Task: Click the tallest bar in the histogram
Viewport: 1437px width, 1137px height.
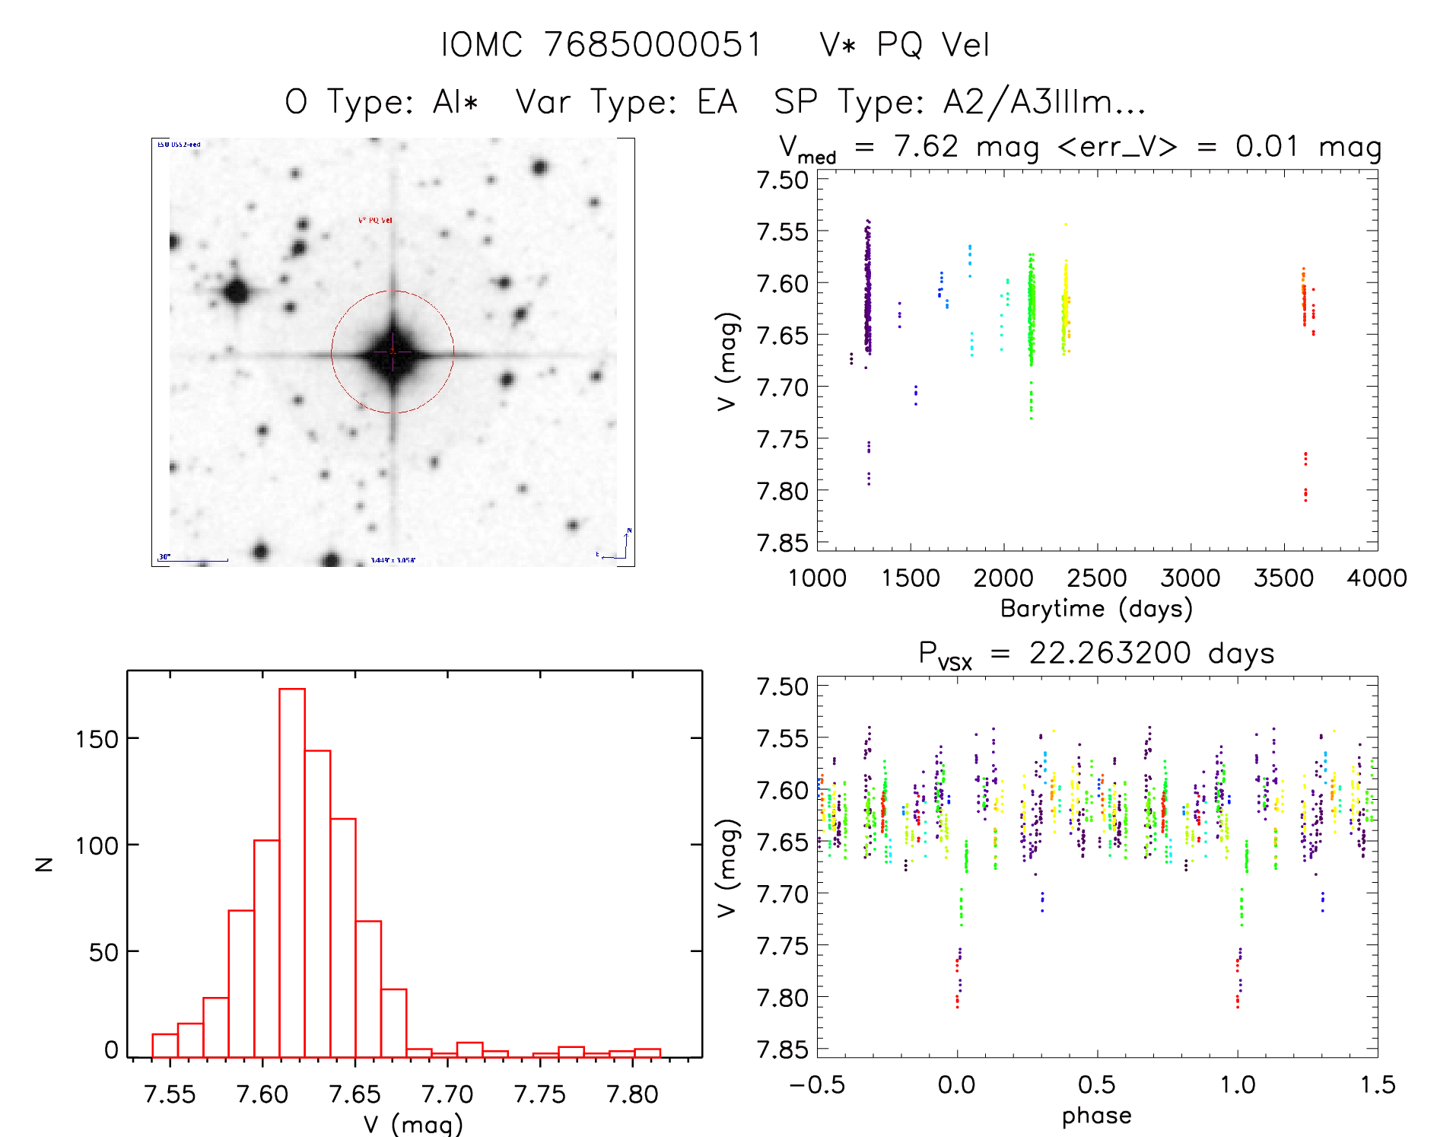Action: pyautogui.click(x=292, y=872)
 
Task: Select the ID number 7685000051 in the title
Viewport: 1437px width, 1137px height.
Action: pyautogui.click(x=653, y=45)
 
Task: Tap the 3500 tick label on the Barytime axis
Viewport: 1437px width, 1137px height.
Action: pyautogui.click(x=1283, y=578)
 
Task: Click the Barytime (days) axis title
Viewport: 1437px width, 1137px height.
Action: pyautogui.click(x=1096, y=608)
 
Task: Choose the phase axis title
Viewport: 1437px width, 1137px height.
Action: pyautogui.click(x=1096, y=1115)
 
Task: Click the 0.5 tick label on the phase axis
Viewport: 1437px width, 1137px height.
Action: pyautogui.click(x=1096, y=1084)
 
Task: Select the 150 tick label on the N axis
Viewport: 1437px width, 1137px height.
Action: pyautogui.click(x=97, y=739)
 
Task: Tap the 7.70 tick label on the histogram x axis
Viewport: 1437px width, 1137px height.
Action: pyautogui.click(x=447, y=1094)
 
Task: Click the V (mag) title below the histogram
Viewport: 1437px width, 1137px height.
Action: pyautogui.click(x=413, y=1123)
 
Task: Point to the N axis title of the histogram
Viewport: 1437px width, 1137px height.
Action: pyautogui.click(x=45, y=864)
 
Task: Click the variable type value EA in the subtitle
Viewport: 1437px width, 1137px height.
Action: pyautogui.click(x=717, y=102)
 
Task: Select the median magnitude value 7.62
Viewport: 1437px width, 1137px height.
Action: pyautogui.click(x=926, y=146)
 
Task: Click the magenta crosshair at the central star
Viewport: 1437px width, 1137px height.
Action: pyautogui.click(x=393, y=352)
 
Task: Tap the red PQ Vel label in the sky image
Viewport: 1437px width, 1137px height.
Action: pyautogui.click(x=375, y=221)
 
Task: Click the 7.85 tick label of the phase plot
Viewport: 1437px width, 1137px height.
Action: pyautogui.click(x=782, y=1049)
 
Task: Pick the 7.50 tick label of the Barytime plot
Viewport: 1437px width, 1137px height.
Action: pyautogui.click(x=782, y=180)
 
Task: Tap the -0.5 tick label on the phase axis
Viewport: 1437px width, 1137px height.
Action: pyautogui.click(x=817, y=1084)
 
